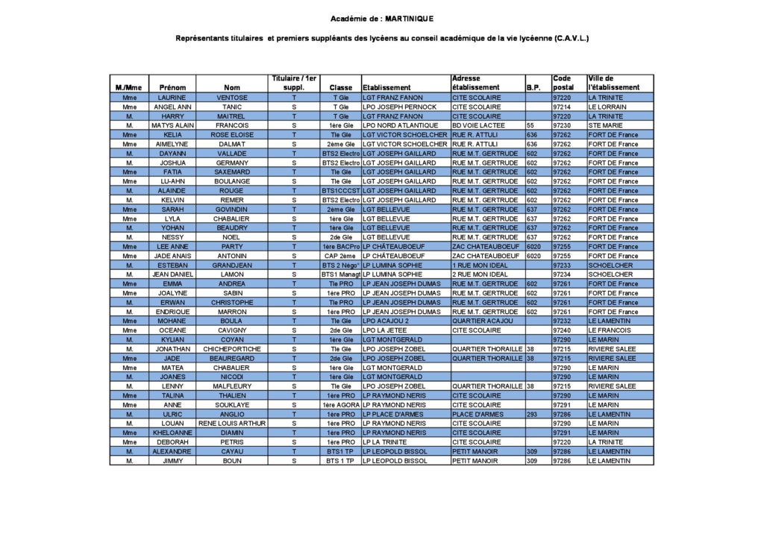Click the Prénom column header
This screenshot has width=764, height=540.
(x=172, y=87)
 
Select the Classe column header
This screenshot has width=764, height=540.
(x=341, y=87)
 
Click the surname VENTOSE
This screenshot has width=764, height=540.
(x=232, y=98)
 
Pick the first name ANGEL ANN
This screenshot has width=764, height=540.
(x=172, y=107)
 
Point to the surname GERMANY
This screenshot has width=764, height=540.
(x=232, y=163)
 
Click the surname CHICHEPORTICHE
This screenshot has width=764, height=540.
(x=232, y=349)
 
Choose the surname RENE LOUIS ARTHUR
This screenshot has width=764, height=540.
(x=232, y=424)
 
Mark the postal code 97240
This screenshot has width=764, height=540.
(x=562, y=330)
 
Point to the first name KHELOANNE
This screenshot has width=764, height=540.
(x=172, y=433)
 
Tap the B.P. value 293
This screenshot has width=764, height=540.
(x=532, y=414)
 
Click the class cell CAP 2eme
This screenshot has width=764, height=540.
(x=341, y=256)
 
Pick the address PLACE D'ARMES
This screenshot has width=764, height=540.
(x=477, y=414)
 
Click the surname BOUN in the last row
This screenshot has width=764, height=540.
(x=232, y=461)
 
